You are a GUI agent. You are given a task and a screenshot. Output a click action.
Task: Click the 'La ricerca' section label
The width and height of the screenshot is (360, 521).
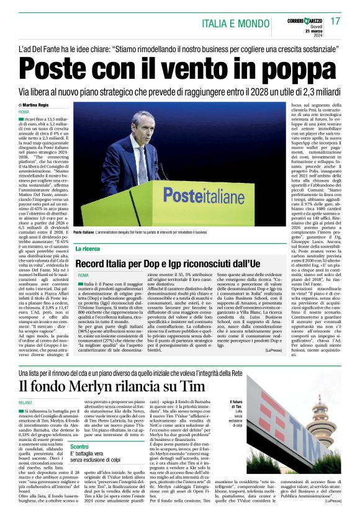pyautogui.click(x=88, y=249)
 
